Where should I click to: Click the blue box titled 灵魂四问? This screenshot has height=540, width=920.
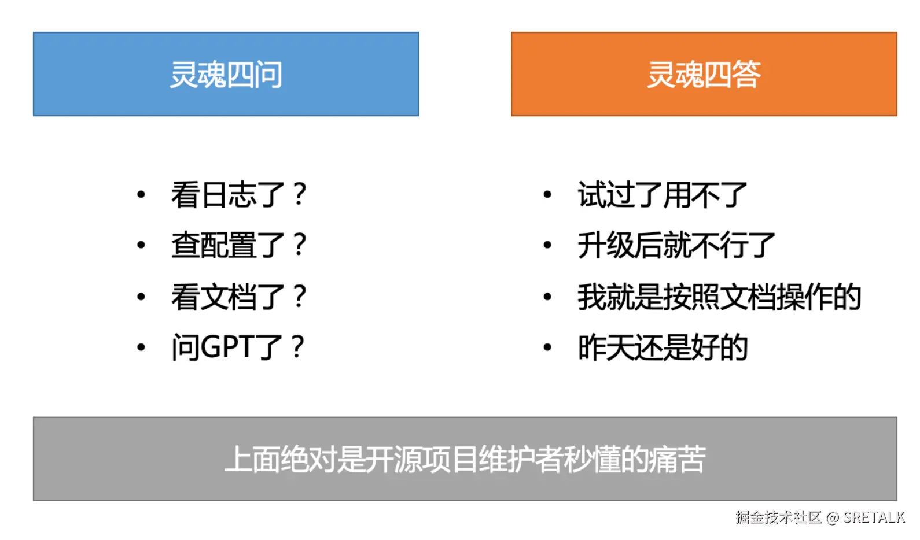click(226, 74)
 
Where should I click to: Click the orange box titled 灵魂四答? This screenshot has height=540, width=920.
click(704, 74)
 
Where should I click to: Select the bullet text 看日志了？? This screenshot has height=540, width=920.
click(238, 194)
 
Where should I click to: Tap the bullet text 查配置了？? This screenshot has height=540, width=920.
click(238, 245)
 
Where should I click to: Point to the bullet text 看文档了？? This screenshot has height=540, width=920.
click(238, 297)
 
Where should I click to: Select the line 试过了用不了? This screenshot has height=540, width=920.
click(663, 194)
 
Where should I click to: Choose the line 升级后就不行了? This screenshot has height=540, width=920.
click(676, 245)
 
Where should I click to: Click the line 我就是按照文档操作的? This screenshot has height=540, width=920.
click(719, 297)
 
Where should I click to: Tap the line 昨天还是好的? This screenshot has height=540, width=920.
click(663, 347)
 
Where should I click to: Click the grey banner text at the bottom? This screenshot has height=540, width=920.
click(465, 459)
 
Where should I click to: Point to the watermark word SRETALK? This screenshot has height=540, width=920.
click(874, 517)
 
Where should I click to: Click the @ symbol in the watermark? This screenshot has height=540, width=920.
click(832, 517)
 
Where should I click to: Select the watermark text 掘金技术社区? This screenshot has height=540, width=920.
click(778, 517)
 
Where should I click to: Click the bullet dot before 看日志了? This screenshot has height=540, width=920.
click(141, 195)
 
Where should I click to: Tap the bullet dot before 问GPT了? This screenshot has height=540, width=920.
click(141, 348)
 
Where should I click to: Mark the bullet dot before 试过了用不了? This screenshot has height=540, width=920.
click(547, 195)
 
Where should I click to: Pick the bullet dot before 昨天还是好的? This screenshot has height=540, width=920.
click(547, 348)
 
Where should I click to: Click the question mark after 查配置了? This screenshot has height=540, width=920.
click(299, 245)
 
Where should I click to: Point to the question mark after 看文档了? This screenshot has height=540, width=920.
click(299, 297)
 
